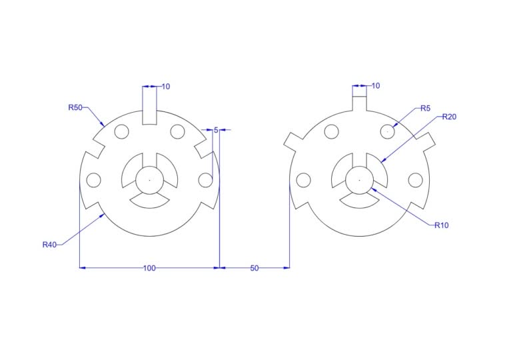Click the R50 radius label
pos(75,107)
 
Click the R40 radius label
pos(50,245)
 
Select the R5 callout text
pos(425,108)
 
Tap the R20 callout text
pos(449,117)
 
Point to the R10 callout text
pos(442,225)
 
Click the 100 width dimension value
pos(149,268)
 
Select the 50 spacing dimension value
pos(254,268)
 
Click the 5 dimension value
pos(216,130)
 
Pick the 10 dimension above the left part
pos(165,87)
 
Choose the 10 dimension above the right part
pos(376,86)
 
